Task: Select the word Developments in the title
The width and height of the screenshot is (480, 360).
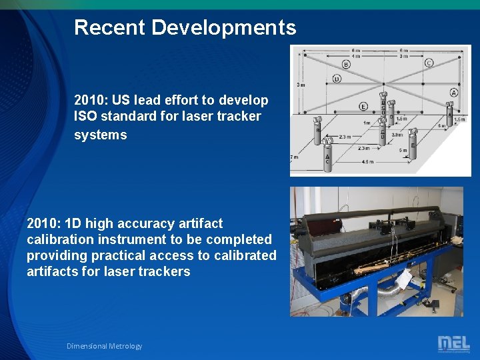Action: click(x=224, y=27)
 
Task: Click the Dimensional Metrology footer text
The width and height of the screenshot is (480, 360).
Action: click(x=104, y=346)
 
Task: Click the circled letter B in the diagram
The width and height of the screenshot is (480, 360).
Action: click(x=346, y=64)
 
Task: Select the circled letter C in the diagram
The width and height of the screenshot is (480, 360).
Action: click(x=429, y=63)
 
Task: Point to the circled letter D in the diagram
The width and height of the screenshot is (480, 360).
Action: click(x=337, y=79)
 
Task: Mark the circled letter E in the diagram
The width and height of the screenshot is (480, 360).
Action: click(x=363, y=106)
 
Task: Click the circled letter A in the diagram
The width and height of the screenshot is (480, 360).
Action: click(x=453, y=93)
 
